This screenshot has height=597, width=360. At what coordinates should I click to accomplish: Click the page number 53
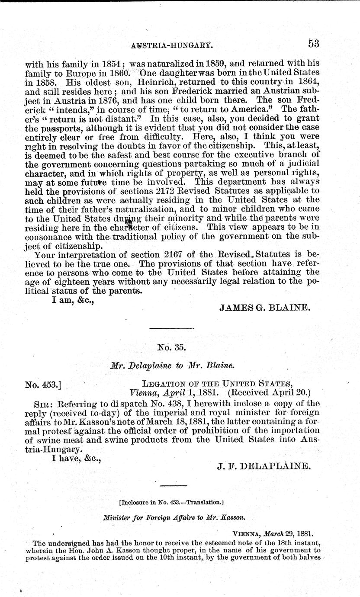click(x=314, y=43)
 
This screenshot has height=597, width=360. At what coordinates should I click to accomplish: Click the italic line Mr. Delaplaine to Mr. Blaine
click(x=172, y=365)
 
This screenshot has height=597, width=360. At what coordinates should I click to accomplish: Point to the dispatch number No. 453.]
click(x=45, y=383)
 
